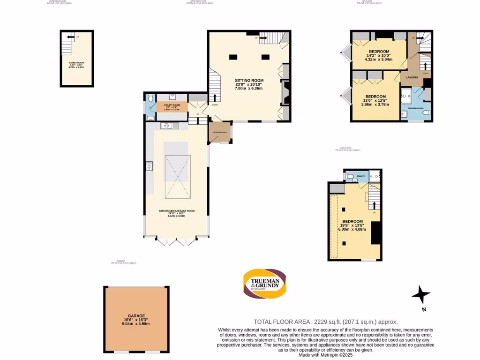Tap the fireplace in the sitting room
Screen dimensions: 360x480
point(285,91)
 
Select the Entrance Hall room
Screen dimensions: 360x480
point(220,133)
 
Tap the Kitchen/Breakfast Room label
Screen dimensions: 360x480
point(176,211)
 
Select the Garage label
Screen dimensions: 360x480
point(136,316)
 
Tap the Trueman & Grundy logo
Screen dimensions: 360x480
point(264,284)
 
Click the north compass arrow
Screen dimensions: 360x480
point(421,296)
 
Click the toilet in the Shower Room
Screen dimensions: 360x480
point(425,113)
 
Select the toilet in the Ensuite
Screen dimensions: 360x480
point(350,177)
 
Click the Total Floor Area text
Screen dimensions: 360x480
point(325,322)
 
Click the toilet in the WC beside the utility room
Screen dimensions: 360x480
point(150,99)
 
